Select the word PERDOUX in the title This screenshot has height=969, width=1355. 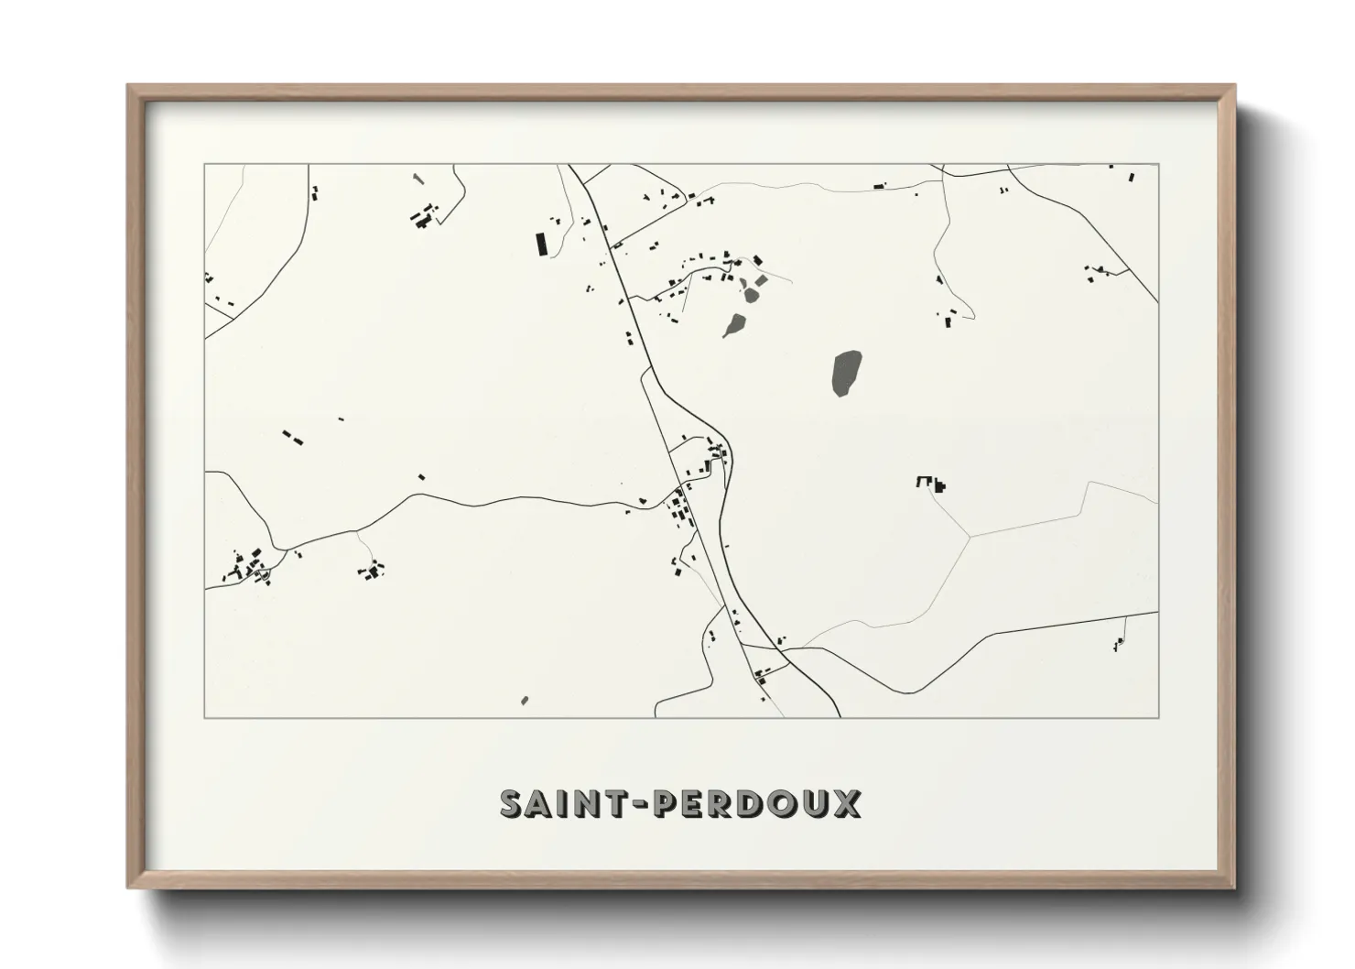[760, 803]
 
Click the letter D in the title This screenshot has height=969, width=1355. [758, 803]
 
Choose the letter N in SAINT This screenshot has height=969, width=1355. [591, 803]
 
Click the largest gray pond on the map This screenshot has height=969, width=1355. [845, 374]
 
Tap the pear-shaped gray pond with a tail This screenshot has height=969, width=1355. [734, 325]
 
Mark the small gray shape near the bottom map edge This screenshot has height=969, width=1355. [525, 701]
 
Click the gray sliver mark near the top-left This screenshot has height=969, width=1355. [417, 178]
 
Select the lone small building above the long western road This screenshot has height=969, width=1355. [421, 476]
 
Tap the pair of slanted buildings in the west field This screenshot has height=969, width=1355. [291, 436]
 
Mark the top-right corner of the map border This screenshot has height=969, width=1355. [1158, 165]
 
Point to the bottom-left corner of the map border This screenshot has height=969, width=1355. [205, 717]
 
